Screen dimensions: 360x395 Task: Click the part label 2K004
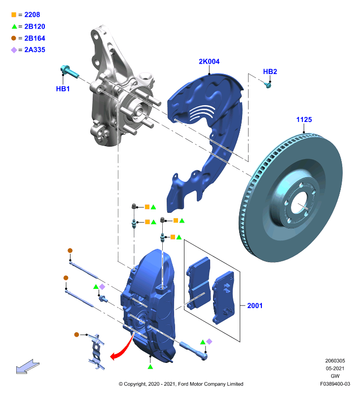click(209, 61)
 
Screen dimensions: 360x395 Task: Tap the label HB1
click(63, 89)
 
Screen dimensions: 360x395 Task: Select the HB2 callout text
click(270, 72)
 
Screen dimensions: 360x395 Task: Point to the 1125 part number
click(304, 119)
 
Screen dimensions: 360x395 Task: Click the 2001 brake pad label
click(255, 306)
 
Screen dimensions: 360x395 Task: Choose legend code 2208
click(32, 15)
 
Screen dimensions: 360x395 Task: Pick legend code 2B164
click(35, 39)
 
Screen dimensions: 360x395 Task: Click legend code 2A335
click(35, 50)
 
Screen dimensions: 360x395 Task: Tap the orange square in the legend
click(14, 15)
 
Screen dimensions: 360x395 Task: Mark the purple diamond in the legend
click(14, 50)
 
